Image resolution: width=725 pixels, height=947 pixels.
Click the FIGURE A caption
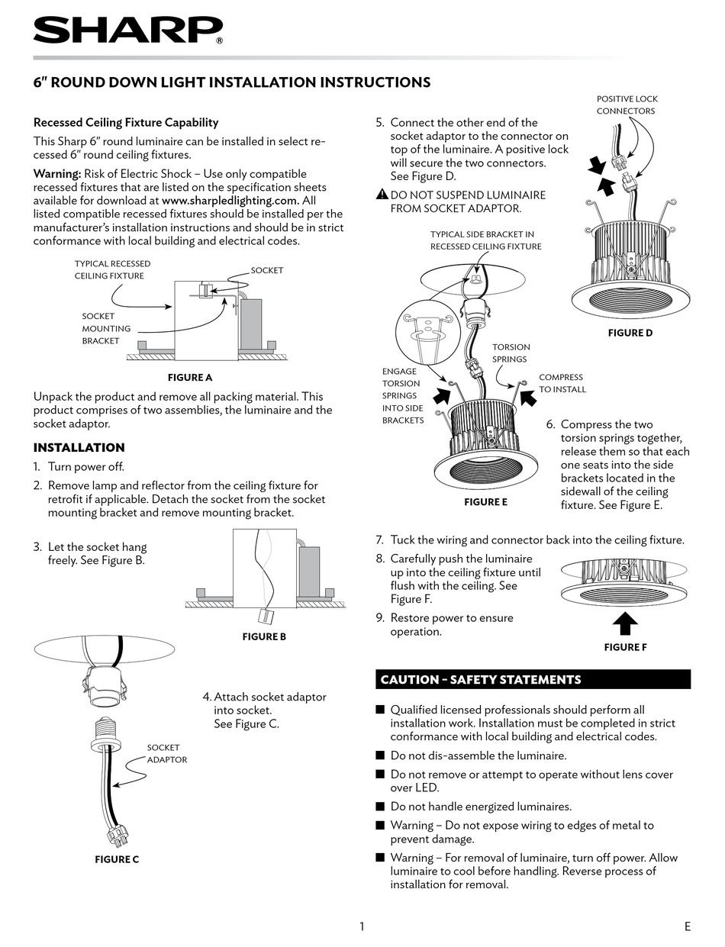click(190, 377)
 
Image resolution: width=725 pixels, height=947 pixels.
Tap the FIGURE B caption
click(264, 636)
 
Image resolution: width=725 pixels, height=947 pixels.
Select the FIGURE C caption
click(117, 859)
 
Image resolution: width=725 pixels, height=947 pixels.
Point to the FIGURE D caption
click(630, 333)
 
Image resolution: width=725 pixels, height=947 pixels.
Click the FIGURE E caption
click(485, 502)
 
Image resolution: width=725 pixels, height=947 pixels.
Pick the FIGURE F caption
click(625, 647)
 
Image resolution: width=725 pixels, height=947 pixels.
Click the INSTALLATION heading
click(79, 447)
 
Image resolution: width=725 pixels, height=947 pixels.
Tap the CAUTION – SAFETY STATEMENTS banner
click(533, 679)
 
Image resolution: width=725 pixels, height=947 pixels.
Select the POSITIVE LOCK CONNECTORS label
click(627, 105)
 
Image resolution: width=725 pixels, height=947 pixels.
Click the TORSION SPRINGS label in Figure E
click(511, 353)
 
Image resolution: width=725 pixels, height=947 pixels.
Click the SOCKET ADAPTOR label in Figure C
click(166, 754)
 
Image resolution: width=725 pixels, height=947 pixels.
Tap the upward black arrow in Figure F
click(625, 623)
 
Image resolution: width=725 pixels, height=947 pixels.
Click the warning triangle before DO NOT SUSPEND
click(383, 195)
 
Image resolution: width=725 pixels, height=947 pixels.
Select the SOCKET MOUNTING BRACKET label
click(106, 328)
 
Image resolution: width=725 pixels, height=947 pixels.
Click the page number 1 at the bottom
click(362, 926)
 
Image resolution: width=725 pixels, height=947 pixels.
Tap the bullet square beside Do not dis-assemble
click(380, 755)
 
